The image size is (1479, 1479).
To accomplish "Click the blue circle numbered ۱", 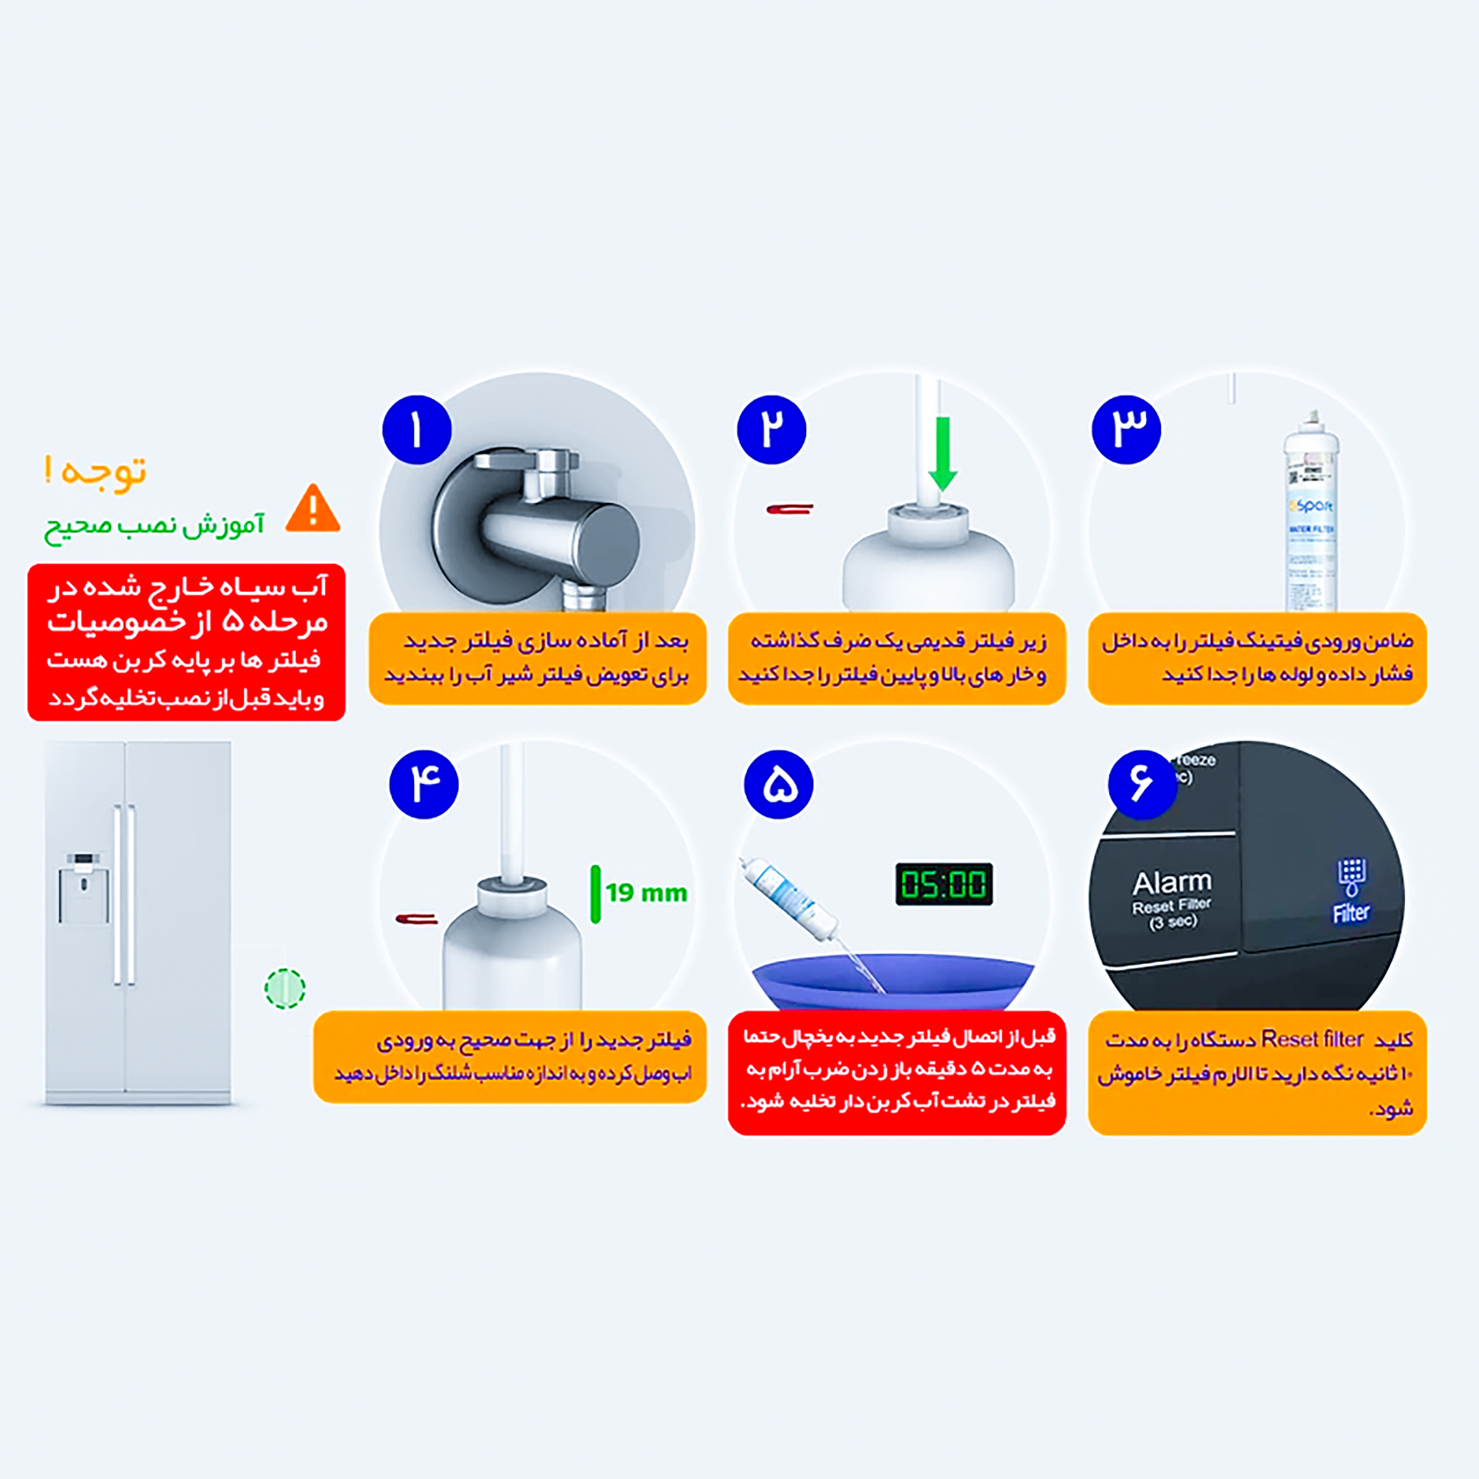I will click(416, 430).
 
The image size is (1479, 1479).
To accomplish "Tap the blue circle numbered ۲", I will click(771, 430).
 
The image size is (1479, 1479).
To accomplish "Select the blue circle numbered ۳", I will click(1126, 430).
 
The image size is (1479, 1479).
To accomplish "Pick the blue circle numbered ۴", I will click(424, 784).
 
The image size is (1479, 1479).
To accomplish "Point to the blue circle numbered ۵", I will click(779, 784).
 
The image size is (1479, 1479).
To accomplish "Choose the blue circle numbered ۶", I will click(1142, 784).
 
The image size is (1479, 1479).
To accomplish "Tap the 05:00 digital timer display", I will click(944, 884).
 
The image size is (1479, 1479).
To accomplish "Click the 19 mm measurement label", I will click(646, 893).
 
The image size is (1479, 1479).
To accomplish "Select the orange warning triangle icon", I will click(313, 509).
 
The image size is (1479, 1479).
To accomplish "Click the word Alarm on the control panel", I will click(1172, 883).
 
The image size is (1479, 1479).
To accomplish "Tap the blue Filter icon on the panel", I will click(1351, 892).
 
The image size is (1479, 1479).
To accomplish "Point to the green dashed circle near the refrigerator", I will click(285, 989).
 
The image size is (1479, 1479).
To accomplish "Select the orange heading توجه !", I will click(96, 472).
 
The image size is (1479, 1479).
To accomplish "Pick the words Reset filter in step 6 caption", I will click(1312, 1039).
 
